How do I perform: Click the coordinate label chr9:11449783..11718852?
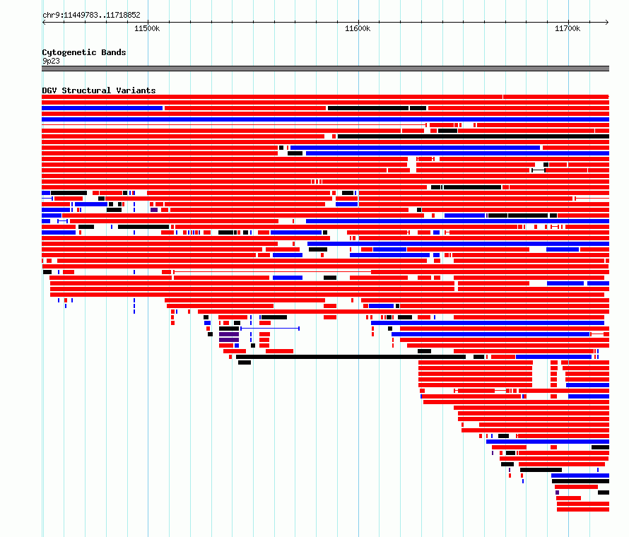[x=91, y=16]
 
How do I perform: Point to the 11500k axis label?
[x=147, y=28]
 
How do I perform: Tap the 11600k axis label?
[x=358, y=28]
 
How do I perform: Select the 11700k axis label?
[x=568, y=28]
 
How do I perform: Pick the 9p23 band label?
[x=51, y=61]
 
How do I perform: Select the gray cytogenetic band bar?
[x=325, y=69]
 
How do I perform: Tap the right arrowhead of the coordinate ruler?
[x=607, y=23]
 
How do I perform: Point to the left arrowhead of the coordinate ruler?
[x=44, y=23]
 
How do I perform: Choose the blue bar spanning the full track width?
[x=325, y=119]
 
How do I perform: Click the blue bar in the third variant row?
[x=102, y=108]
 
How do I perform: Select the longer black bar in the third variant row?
[x=368, y=108]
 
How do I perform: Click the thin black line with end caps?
[x=539, y=170]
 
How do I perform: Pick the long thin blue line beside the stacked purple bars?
[x=270, y=329]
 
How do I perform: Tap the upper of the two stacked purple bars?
[x=229, y=334]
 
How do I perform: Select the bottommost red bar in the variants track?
[x=583, y=509]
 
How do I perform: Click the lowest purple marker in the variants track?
[x=557, y=492]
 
